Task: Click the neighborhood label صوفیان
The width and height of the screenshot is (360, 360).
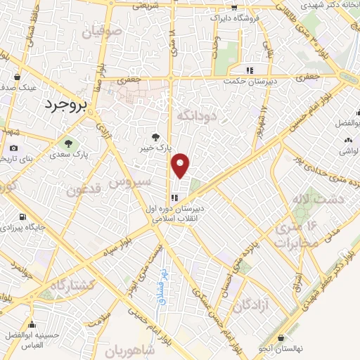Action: click(x=101, y=32)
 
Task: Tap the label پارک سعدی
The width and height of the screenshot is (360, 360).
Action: click(x=82, y=152)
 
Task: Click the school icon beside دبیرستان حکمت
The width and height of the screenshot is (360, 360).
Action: click(x=249, y=70)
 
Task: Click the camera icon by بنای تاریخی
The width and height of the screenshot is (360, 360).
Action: click(x=13, y=148)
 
